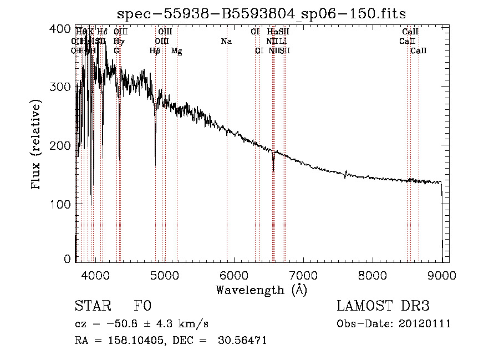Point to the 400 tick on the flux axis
click(x=64, y=28)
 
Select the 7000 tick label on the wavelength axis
click(x=303, y=275)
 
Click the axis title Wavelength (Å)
click(x=261, y=290)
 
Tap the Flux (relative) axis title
click(x=37, y=145)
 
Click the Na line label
click(x=226, y=42)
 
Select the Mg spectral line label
click(x=176, y=51)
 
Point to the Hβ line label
click(x=155, y=51)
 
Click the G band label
click(x=116, y=51)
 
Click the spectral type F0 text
click(x=143, y=307)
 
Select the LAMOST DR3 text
click(x=383, y=307)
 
